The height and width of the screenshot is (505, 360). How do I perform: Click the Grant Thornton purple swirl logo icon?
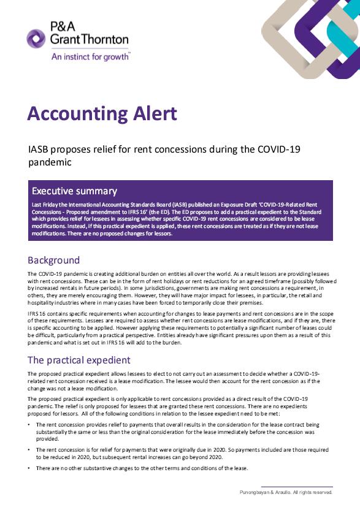37,39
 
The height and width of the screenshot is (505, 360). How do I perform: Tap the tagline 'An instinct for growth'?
91,55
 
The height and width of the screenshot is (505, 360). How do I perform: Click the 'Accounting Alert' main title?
102,114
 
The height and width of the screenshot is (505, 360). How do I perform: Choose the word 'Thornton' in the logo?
108,40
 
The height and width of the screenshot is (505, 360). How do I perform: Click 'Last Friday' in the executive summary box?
45,203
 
